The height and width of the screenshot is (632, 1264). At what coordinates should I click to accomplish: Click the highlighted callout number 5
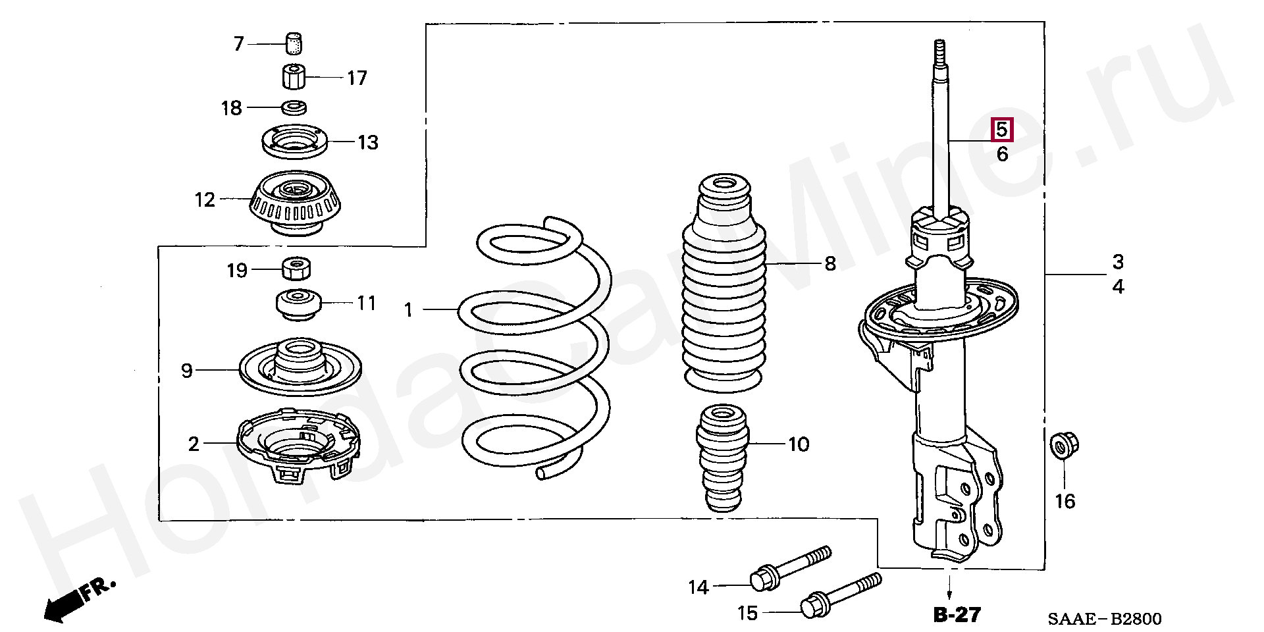point(1001,130)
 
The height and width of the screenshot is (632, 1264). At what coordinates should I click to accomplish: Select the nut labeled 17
point(294,77)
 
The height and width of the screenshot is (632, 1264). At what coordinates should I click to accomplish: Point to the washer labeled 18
point(294,107)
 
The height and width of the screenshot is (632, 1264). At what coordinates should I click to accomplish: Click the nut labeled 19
point(296,269)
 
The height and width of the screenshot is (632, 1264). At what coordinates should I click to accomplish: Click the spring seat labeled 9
point(300,369)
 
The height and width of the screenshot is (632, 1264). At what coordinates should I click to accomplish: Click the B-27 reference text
point(957,614)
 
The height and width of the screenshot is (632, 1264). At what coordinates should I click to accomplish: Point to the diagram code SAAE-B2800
point(1105,618)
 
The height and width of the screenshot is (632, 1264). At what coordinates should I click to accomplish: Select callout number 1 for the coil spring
point(408,309)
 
